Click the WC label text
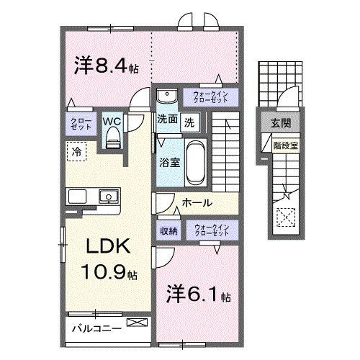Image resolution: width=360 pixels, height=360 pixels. [x=112, y=121]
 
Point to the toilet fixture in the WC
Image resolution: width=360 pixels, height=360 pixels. [x=112, y=139]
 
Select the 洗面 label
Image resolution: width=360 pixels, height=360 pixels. [x=167, y=120]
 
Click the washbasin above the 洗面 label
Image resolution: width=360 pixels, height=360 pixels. [x=166, y=96]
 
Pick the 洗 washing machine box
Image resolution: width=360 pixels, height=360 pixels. [x=189, y=121]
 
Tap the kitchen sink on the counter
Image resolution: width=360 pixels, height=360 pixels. [x=109, y=196]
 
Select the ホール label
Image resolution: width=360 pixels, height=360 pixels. [x=195, y=202]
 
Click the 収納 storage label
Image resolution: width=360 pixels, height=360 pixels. [x=168, y=231]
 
